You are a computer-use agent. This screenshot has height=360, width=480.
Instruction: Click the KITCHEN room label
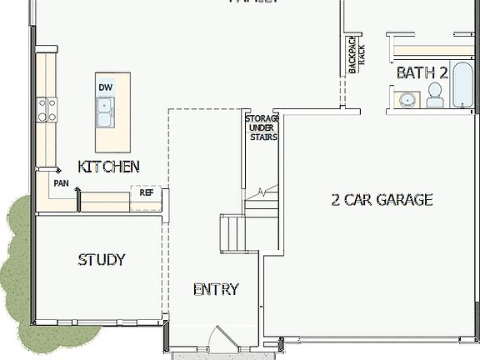(108, 167)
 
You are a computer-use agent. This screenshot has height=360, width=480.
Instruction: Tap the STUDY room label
(102, 259)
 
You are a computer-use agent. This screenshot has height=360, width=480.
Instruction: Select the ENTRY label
(216, 290)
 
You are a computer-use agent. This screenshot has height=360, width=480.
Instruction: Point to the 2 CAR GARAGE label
(382, 200)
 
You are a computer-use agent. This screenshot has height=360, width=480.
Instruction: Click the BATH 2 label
(422, 73)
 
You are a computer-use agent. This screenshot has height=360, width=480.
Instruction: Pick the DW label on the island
(106, 87)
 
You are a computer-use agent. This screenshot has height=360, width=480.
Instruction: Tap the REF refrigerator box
(147, 192)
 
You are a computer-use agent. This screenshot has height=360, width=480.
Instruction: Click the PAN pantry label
(61, 182)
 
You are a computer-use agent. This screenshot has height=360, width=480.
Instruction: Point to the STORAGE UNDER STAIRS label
(261, 127)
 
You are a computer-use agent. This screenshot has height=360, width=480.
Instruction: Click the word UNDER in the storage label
(262, 127)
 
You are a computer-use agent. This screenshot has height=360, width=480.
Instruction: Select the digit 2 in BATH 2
(443, 73)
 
